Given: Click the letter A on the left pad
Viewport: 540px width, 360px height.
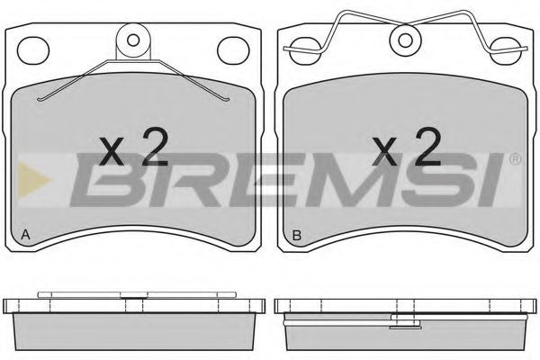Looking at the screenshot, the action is (25, 235).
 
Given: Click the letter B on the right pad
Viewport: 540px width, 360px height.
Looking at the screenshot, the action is (296, 235).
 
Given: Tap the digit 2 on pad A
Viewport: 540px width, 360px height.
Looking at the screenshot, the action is (156, 147).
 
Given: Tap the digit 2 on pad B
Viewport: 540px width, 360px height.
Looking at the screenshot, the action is (428, 147).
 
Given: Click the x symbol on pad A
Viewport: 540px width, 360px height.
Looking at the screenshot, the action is (112, 151).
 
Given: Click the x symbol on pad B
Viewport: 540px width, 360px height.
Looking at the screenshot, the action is (385, 151).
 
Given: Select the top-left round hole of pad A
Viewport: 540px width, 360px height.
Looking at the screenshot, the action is (33, 50).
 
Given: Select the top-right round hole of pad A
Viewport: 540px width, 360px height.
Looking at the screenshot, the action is (233, 50).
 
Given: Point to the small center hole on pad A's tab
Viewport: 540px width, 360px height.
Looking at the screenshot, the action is (133, 40).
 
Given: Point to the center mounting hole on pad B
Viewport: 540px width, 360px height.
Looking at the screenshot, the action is (405, 40).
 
